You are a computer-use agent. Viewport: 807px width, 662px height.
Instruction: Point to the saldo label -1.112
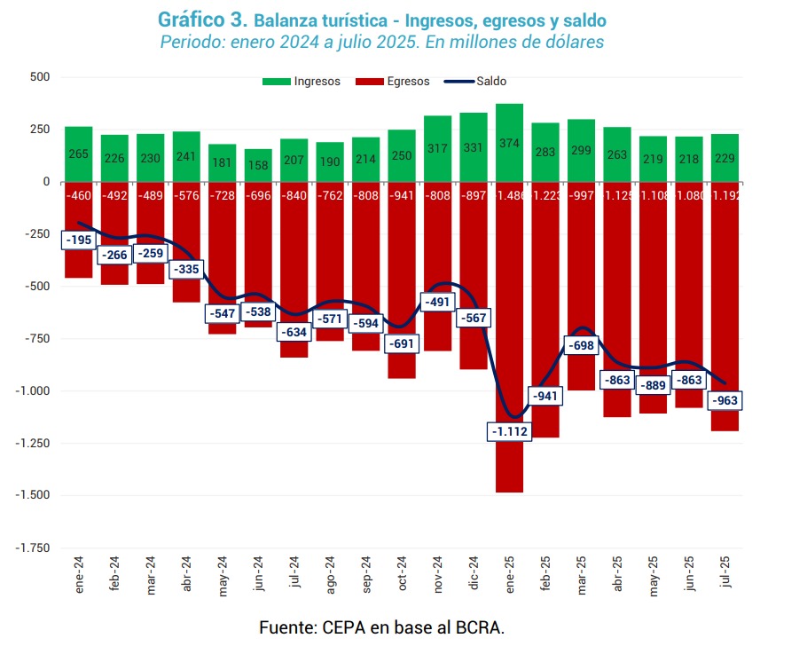pos(509,431)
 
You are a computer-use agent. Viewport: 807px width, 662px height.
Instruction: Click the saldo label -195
pos(78,240)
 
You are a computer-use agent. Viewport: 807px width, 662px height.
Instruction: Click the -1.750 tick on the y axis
pos(34,548)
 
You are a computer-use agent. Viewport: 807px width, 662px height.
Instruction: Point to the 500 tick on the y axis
pos(39,77)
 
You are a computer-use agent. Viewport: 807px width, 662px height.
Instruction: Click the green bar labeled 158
pos(258,165)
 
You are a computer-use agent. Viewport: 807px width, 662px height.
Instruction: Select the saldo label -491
pos(438,302)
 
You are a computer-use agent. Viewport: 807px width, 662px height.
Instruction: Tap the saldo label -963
pos(725,401)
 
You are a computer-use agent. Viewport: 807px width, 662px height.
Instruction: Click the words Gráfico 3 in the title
pos(202,19)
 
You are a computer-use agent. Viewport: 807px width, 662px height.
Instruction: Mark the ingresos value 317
pos(438,148)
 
